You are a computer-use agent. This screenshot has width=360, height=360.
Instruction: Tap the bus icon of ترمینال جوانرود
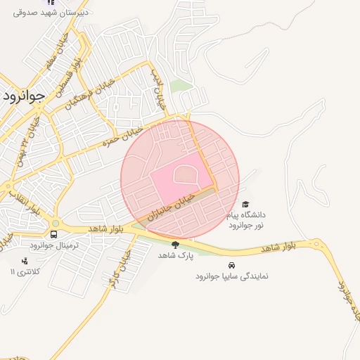tap(54, 234)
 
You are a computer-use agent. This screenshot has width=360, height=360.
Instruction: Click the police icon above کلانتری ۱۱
tap(25, 261)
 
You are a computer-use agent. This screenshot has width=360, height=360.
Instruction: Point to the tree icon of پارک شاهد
tap(174, 245)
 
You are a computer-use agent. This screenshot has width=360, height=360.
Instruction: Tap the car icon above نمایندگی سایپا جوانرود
tap(231, 266)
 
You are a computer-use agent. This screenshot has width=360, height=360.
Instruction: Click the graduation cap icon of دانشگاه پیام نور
tap(245, 203)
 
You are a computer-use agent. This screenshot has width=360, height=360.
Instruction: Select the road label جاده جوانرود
tap(344, 302)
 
